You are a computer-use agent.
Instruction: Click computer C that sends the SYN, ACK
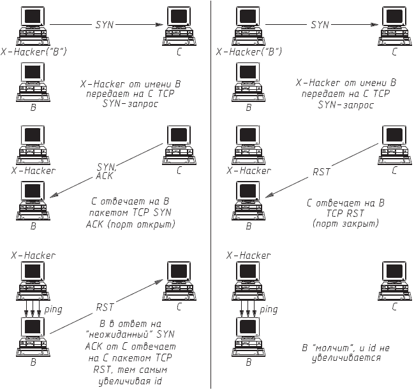(179, 143)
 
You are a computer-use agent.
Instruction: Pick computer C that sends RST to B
(394, 143)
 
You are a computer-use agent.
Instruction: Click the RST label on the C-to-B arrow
(322, 172)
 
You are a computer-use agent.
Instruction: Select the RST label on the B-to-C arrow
(105, 307)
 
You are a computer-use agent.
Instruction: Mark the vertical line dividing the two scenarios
(212, 191)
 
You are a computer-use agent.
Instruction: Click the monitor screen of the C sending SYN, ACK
(179, 134)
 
